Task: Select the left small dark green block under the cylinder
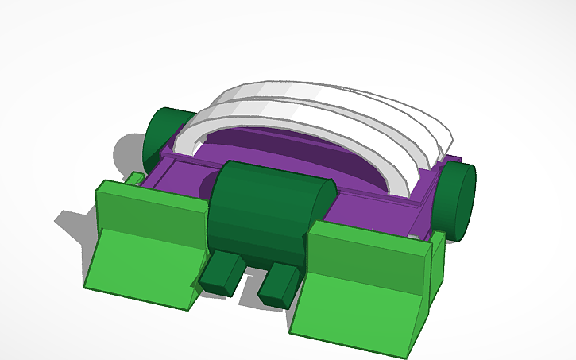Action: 222,273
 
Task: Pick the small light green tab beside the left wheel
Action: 136,178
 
